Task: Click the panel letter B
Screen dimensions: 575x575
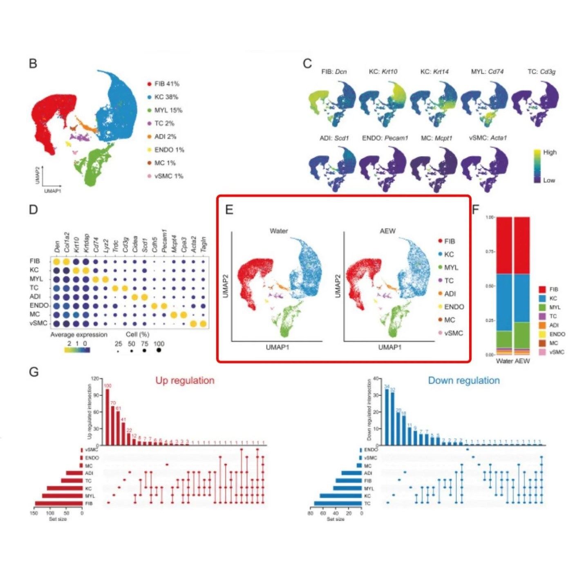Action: [x=33, y=64]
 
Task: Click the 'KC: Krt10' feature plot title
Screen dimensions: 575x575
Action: [x=383, y=72]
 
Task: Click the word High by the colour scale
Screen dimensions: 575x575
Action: [x=550, y=152]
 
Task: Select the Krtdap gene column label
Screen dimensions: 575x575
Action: [x=86, y=243]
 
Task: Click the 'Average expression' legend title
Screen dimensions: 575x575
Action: [x=78, y=334]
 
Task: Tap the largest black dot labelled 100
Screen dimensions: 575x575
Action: [x=159, y=350]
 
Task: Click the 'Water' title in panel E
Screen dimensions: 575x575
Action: [x=278, y=231]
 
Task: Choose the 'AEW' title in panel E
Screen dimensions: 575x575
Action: [x=387, y=231]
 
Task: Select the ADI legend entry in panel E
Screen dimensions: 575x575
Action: [x=450, y=293]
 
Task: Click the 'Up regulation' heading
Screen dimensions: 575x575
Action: [x=185, y=380]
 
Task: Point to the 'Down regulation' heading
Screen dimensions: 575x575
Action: [x=463, y=380]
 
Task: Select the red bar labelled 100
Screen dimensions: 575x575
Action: [x=107, y=417]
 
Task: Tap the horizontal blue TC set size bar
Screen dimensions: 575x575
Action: [x=338, y=503]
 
